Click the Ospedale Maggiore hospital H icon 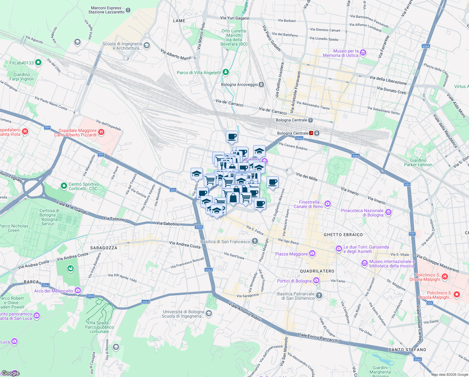101,132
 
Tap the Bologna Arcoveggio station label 240,85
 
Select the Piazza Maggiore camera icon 312,253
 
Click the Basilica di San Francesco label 225,242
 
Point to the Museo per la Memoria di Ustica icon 363,52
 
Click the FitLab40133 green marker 38,63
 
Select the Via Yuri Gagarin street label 235,18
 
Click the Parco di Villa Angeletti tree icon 225,72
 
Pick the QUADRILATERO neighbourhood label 317,271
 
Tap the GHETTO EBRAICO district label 343,235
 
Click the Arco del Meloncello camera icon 78,290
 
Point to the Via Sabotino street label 168,224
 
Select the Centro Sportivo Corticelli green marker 64,186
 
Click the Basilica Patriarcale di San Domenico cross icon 319,295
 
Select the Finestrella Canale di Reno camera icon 328,204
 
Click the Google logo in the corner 10,373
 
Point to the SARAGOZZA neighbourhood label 103,248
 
